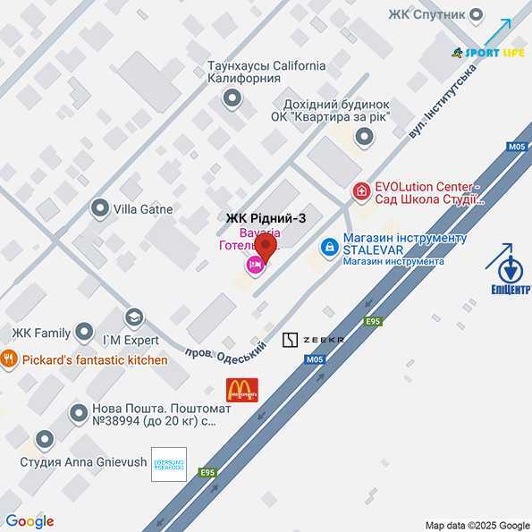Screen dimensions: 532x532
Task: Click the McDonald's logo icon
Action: (x=242, y=389)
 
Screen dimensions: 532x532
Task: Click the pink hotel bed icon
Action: (x=254, y=264)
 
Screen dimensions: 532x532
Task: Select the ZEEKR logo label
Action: (x=314, y=340)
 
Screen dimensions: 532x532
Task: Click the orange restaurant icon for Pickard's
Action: (x=10, y=359)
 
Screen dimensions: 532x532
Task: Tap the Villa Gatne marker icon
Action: (x=99, y=209)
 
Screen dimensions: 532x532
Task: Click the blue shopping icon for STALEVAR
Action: (x=330, y=244)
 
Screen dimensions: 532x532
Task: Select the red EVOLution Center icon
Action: (x=361, y=190)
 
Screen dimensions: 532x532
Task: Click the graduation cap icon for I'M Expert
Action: (x=134, y=317)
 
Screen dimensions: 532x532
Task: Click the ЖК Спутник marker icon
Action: (x=477, y=13)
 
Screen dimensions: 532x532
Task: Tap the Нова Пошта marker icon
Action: (x=78, y=413)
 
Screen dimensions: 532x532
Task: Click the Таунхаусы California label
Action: (x=266, y=65)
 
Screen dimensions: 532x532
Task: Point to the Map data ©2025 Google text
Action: (x=477, y=525)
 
